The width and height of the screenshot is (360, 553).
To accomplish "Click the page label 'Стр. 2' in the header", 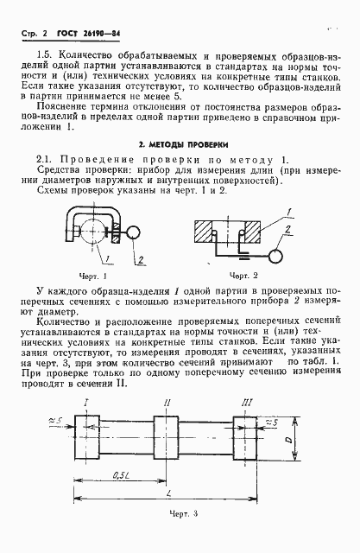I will coord(32,33).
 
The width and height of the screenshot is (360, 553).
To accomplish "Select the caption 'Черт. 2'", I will coord(236,274).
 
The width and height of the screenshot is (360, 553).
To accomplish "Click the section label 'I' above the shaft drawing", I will coord(88,404).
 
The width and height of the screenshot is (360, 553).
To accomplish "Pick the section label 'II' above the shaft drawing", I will coord(167,404).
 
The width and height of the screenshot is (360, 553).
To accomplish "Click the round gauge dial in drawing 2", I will coord(277,257).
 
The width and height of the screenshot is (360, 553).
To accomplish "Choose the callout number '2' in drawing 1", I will coord(137,259).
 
